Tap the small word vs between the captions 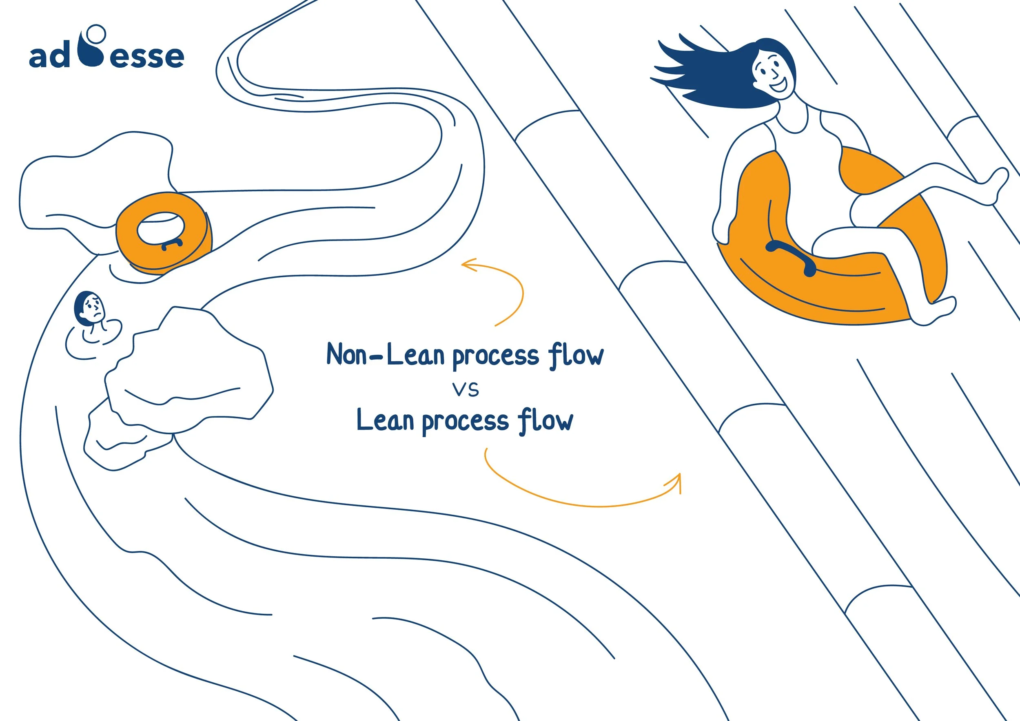point(466,390)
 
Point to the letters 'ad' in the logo point(49,57)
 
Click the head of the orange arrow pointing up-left point(466,265)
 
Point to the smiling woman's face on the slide point(773,73)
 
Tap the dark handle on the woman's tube point(791,257)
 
